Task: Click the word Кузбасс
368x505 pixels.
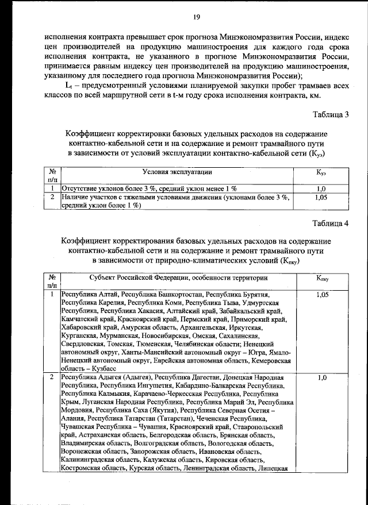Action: [x=102, y=368]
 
